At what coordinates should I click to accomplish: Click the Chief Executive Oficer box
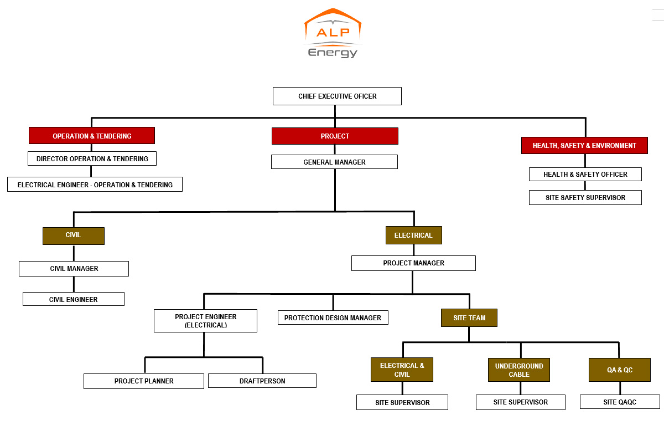pyautogui.click(x=337, y=96)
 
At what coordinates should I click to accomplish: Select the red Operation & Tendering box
pyautogui.click(x=92, y=136)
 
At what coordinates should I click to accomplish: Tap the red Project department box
pyautogui.click(x=335, y=136)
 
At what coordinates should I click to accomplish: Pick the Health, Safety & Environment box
pyautogui.click(x=584, y=146)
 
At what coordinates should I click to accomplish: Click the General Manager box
pyautogui.click(x=334, y=162)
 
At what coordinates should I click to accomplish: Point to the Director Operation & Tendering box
pyautogui.click(x=92, y=158)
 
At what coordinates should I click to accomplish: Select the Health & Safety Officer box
pyautogui.click(x=585, y=175)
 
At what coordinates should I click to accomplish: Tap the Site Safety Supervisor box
pyautogui.click(x=585, y=198)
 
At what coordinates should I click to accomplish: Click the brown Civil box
pyautogui.click(x=73, y=235)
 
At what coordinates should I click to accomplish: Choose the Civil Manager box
pyautogui.click(x=74, y=269)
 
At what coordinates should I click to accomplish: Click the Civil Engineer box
pyautogui.click(x=74, y=299)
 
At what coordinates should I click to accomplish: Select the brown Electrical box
pyautogui.click(x=413, y=235)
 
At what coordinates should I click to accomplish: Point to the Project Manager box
pyautogui.click(x=413, y=263)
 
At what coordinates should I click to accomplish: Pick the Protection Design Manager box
pyautogui.click(x=333, y=318)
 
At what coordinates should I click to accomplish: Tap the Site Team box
pyautogui.click(x=469, y=318)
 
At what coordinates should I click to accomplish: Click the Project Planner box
pyautogui.click(x=144, y=381)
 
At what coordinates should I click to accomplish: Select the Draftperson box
pyautogui.click(x=262, y=381)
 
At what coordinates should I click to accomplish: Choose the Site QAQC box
pyautogui.click(x=620, y=402)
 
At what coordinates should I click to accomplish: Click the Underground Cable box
pyautogui.click(x=519, y=370)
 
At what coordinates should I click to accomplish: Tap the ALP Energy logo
pyautogui.click(x=333, y=33)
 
